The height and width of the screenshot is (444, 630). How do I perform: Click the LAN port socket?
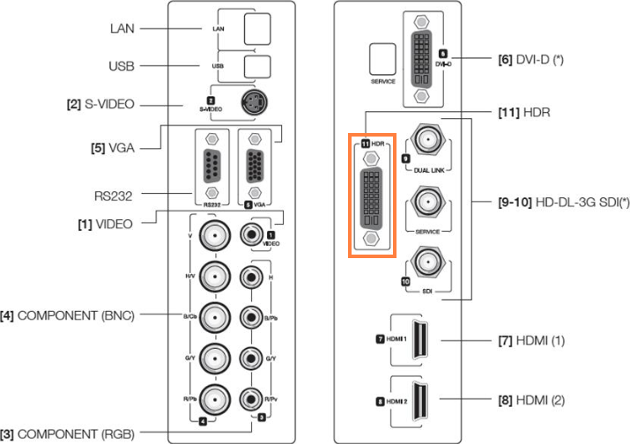tap(257, 28)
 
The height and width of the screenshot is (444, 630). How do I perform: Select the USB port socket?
tap(256, 65)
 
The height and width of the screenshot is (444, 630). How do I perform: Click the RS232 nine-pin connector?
tap(211, 166)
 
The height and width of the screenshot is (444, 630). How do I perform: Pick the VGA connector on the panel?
tap(255, 166)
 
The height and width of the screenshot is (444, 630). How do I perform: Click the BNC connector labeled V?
tap(211, 236)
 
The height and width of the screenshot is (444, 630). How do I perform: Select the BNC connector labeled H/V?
tap(211, 276)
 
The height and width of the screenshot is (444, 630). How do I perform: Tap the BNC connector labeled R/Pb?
tap(211, 397)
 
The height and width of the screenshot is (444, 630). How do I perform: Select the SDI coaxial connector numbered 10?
tap(428, 263)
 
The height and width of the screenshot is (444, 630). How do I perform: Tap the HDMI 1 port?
tap(421, 339)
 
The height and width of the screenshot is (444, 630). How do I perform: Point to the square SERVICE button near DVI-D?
tap(382, 59)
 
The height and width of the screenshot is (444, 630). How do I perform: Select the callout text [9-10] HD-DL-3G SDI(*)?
tap(552, 202)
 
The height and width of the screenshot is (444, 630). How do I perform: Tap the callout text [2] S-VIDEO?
tap(100, 104)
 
